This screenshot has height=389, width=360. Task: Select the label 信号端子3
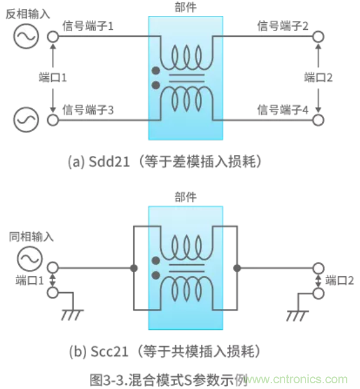88,110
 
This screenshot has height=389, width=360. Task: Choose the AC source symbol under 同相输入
29,259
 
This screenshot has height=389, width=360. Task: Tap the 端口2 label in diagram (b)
338,280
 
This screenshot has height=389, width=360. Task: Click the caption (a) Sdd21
164,162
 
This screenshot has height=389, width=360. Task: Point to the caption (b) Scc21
164,350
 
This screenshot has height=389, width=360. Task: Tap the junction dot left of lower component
134,268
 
